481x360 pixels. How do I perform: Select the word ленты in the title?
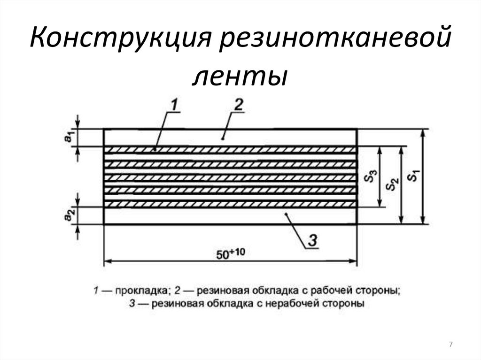240,77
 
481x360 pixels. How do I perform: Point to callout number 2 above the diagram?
237,105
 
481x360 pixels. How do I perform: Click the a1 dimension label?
69,137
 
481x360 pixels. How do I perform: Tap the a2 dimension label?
69,215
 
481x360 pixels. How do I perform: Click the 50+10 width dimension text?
230,254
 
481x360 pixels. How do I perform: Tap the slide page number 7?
451,345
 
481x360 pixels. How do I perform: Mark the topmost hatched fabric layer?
230,150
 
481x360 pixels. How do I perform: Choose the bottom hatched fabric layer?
230,205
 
